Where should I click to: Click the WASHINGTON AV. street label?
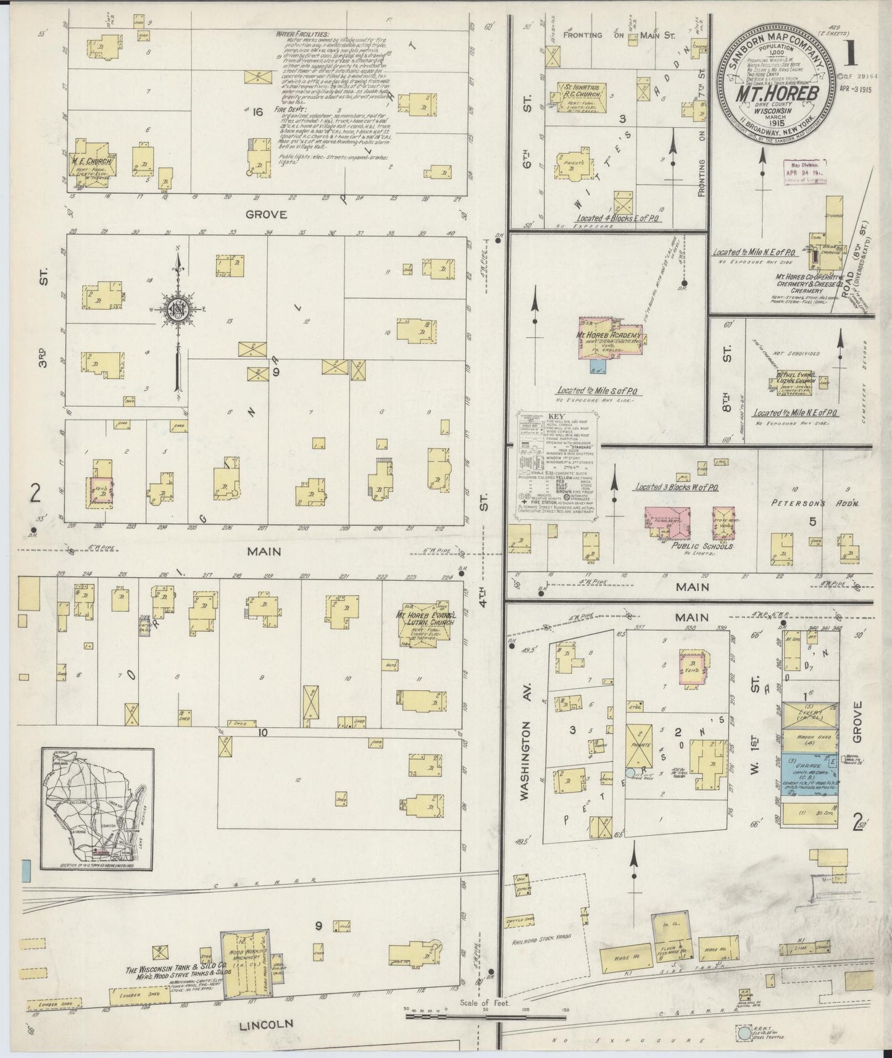click(x=527, y=751)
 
